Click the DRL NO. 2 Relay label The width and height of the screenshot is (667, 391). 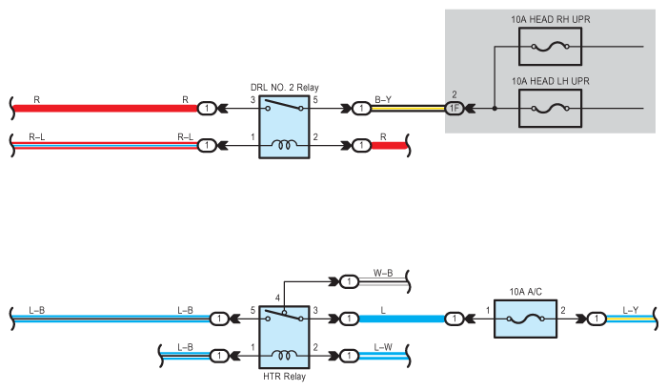click(x=285, y=88)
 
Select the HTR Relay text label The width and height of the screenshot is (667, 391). click(x=284, y=377)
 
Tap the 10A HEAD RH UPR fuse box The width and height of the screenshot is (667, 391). click(x=550, y=47)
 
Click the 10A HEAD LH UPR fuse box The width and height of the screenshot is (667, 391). click(x=550, y=108)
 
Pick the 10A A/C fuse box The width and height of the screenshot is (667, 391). click(x=525, y=319)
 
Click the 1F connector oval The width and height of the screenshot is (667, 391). click(x=455, y=108)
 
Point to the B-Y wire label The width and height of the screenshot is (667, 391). click(x=383, y=100)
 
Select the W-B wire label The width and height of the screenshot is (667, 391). click(x=383, y=273)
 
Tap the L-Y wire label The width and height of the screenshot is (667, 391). click(x=631, y=310)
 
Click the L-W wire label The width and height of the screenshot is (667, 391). click(x=383, y=347)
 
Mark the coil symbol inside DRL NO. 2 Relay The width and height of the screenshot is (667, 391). click(x=284, y=145)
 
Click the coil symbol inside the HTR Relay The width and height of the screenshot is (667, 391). click(x=284, y=355)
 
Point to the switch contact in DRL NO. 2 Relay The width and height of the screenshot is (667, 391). click(x=284, y=105)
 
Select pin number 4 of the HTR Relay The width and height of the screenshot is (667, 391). click(x=277, y=298)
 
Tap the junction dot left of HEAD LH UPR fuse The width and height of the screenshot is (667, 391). click(x=495, y=108)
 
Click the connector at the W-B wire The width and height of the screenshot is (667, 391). click(x=350, y=281)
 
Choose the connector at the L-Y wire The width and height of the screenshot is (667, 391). click(x=596, y=319)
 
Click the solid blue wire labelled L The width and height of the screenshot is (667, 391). click(x=401, y=319)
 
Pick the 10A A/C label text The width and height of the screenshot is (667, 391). click(x=525, y=292)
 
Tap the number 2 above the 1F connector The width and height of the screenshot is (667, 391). click(x=455, y=94)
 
